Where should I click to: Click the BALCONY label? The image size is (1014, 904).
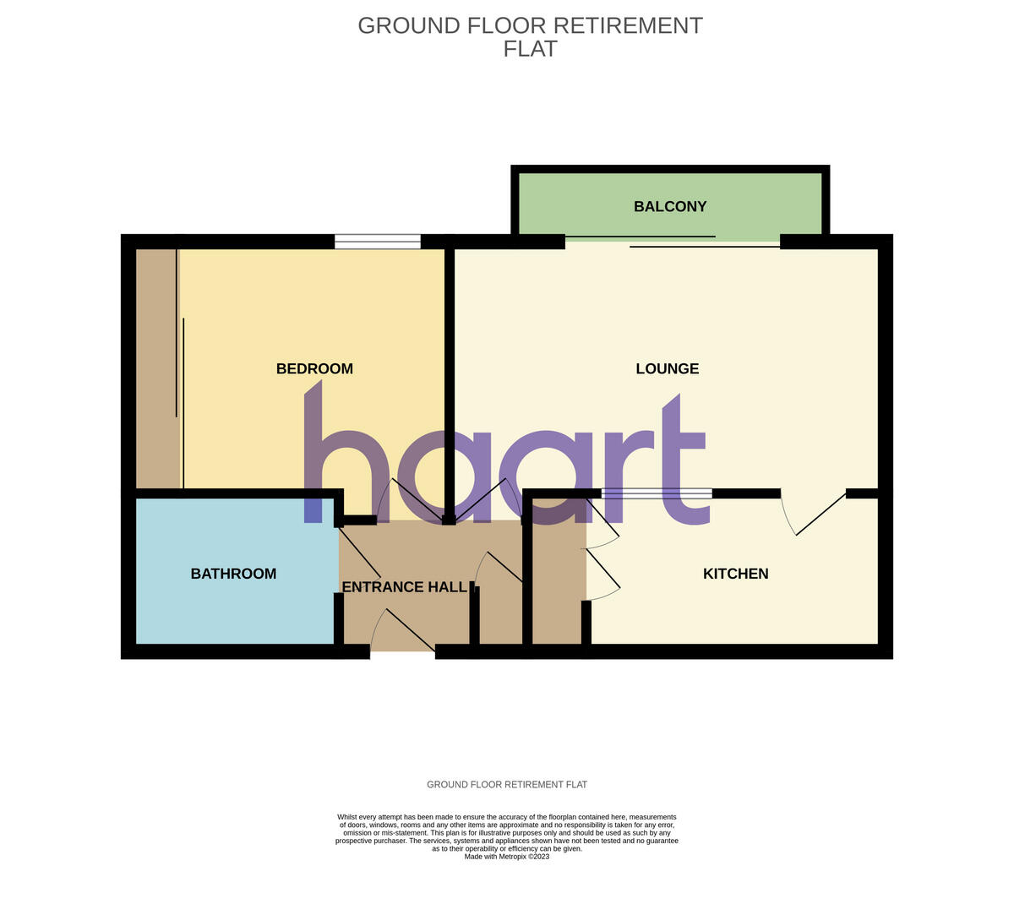pos(670,206)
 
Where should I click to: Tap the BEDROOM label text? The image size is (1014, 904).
pos(314,368)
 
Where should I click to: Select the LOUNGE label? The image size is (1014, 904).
pos(668,368)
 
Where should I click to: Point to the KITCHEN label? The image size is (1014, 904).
pos(735,574)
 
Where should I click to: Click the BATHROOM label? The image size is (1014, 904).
pos(233,574)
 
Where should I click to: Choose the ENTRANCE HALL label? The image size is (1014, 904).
pos(404,586)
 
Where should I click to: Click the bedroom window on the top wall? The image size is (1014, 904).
pos(378,242)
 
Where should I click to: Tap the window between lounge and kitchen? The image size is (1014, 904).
pos(657,493)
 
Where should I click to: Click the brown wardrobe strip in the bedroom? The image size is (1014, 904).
pos(157,368)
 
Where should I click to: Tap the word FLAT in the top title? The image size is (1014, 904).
pos(530,49)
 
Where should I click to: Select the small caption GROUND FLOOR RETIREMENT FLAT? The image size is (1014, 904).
pos(507,785)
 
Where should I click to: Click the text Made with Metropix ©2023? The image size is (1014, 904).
pos(507,856)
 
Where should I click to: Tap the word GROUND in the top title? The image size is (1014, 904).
pos(409,25)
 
